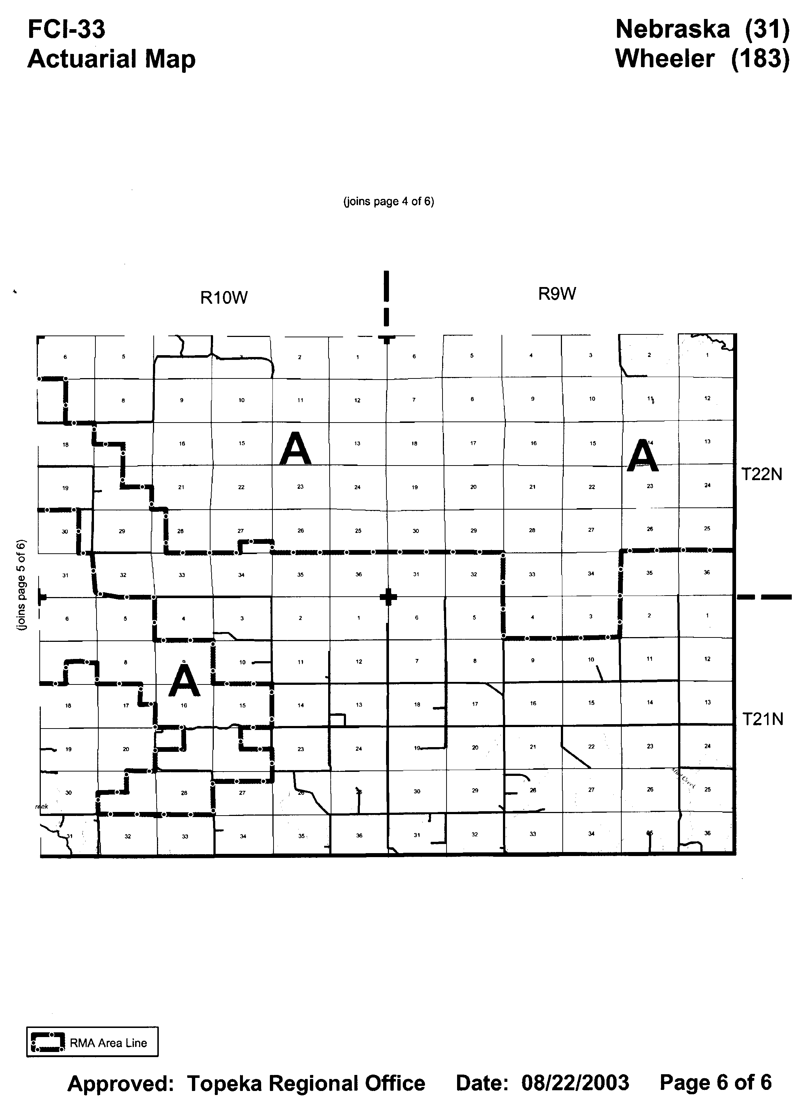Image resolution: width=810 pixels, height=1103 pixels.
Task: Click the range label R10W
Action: [224, 298]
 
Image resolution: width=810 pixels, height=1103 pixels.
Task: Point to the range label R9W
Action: [557, 294]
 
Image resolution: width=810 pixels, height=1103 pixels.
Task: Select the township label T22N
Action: [762, 474]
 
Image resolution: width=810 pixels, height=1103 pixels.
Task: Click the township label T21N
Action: [762, 719]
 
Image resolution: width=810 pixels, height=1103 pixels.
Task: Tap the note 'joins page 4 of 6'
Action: [388, 201]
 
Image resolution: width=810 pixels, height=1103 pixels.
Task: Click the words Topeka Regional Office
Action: [306, 1083]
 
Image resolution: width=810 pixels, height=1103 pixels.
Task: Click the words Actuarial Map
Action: [111, 59]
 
